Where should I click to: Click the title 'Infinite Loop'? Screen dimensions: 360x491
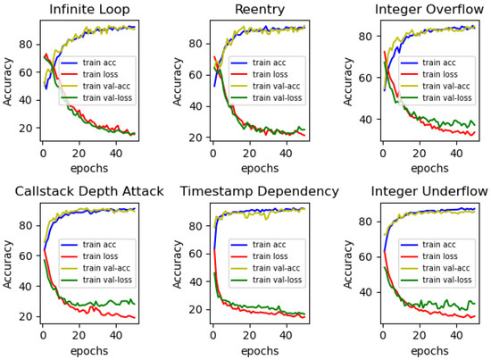[89, 11]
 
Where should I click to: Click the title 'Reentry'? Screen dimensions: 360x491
[258, 11]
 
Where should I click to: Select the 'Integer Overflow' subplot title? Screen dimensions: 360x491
[428, 11]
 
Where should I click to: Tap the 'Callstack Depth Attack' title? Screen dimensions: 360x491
[89, 191]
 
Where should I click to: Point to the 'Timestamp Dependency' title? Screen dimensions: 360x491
[258, 191]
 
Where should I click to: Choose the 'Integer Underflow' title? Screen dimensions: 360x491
[428, 191]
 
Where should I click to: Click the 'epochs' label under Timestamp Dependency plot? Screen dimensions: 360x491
[258, 348]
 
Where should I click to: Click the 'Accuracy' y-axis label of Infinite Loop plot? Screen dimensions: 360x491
[9, 84]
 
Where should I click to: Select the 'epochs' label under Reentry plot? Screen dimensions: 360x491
[258, 167]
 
